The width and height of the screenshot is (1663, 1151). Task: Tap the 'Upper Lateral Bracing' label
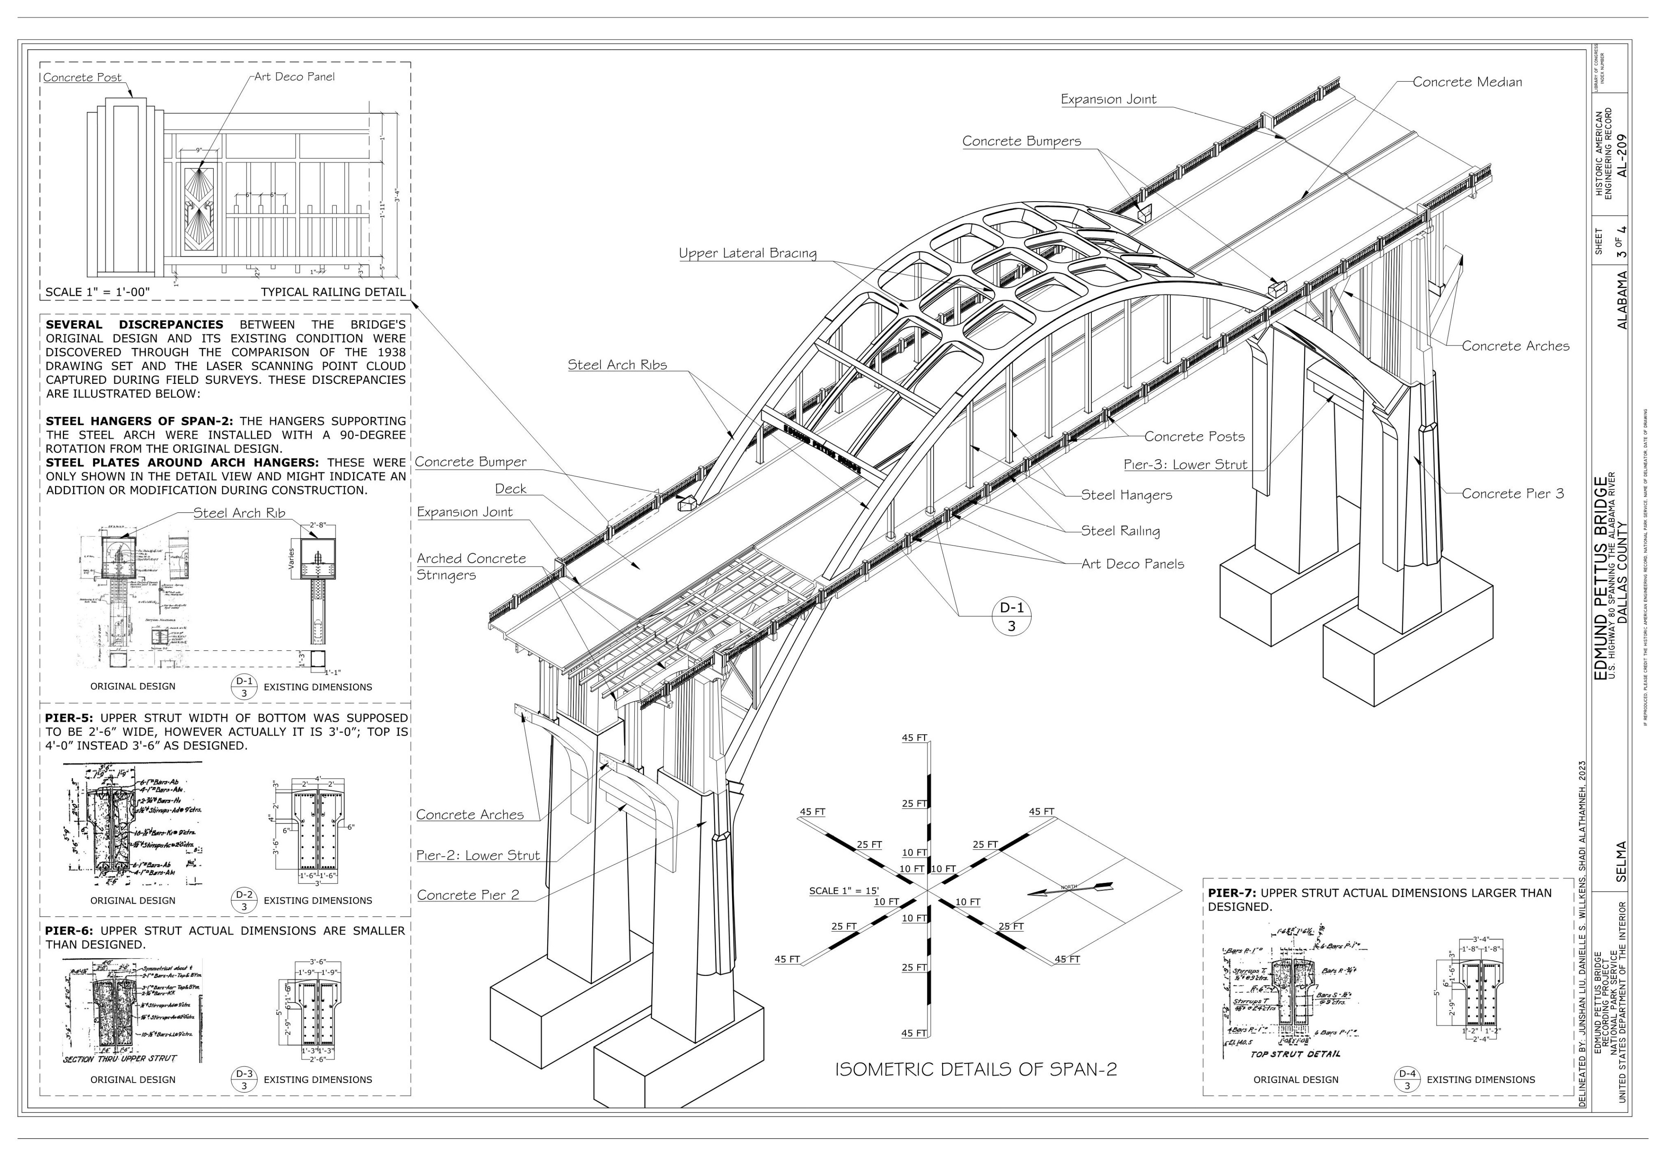748,253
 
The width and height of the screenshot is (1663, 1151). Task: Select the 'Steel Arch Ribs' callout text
617,365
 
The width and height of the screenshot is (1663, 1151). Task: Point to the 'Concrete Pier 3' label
1512,494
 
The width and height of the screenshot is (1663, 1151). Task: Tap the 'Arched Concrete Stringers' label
471,567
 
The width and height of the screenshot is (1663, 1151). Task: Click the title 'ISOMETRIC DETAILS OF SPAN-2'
975,1069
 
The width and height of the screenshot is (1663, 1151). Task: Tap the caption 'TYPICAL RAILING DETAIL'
333,292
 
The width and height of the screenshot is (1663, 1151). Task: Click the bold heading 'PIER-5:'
70,718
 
